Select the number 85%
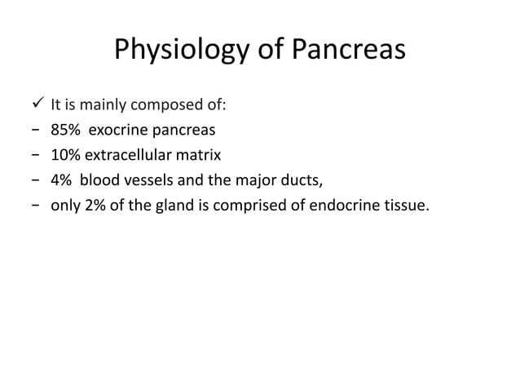64,129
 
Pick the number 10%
64,153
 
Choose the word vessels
149,178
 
